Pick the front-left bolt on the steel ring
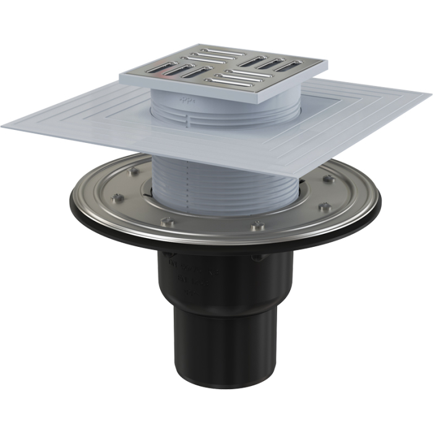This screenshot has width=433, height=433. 164,221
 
